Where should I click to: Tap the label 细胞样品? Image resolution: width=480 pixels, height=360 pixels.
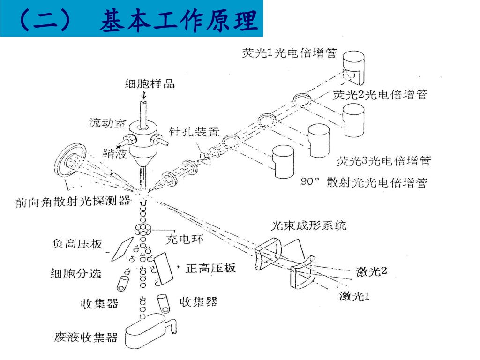pyautogui.click(x=150, y=83)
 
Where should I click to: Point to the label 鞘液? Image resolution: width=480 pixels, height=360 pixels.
pyautogui.click(x=115, y=153)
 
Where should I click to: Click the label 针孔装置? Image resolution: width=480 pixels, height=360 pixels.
pyautogui.click(x=195, y=132)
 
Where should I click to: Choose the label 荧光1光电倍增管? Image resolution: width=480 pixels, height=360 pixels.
pyautogui.click(x=289, y=53)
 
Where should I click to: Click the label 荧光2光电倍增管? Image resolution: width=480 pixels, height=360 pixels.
pyautogui.click(x=380, y=95)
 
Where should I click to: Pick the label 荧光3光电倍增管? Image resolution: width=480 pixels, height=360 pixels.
pyautogui.click(x=383, y=161)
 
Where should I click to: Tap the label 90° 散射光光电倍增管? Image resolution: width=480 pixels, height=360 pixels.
pyautogui.click(x=364, y=182)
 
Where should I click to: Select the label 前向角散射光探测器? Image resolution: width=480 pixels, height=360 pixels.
pyautogui.click(x=74, y=201)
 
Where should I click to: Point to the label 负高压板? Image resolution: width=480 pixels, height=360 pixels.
pyautogui.click(x=77, y=244)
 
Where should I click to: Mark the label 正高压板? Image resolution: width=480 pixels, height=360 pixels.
pyautogui.click(x=210, y=268)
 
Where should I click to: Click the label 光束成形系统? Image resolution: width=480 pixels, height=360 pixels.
pyautogui.click(x=308, y=225)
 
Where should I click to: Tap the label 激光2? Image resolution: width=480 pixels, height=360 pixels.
pyautogui.click(x=371, y=271)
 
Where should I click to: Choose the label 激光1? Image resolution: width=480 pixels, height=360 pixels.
pyautogui.click(x=354, y=296)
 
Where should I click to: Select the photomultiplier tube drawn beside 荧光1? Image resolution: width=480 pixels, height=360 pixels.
pyautogui.click(x=353, y=68)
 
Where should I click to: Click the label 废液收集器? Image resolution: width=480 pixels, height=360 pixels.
pyautogui.click(x=86, y=337)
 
